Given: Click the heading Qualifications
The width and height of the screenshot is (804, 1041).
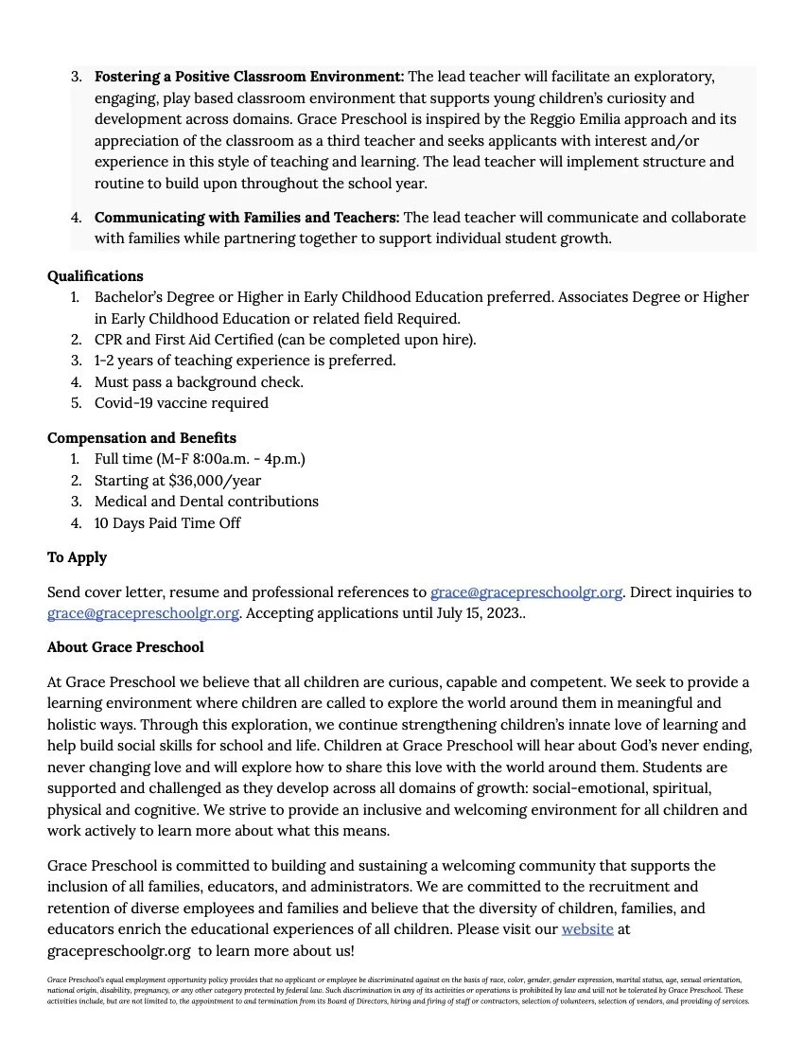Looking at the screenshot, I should pyautogui.click(x=96, y=276).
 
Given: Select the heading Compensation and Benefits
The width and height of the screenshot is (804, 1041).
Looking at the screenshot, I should pyautogui.click(x=142, y=438).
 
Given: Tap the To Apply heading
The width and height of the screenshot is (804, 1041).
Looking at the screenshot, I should pyautogui.click(x=77, y=557).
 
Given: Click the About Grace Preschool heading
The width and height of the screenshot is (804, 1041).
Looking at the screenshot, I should pyautogui.click(x=125, y=647).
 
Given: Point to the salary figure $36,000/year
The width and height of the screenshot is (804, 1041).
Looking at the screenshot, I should pyautogui.click(x=215, y=480).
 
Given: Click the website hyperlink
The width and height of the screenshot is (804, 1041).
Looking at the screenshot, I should pyautogui.click(x=587, y=929).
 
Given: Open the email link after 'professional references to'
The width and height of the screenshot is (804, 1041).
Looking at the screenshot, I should pyautogui.click(x=526, y=592).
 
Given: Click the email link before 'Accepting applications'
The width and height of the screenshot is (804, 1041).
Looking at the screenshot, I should pyautogui.click(x=143, y=613).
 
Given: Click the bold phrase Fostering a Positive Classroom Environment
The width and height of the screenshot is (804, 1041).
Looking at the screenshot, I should pyautogui.click(x=249, y=76).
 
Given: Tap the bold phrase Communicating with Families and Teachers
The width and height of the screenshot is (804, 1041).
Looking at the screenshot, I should pyautogui.click(x=247, y=218).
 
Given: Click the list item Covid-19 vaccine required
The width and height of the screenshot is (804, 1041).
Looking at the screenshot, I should pyautogui.click(x=182, y=403).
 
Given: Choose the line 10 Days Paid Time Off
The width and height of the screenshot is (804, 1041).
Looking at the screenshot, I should pyautogui.click(x=167, y=522).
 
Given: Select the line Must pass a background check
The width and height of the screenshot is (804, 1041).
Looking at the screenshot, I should pyautogui.click(x=199, y=382).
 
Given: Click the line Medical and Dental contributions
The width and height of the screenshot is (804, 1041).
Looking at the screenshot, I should pyautogui.click(x=206, y=502).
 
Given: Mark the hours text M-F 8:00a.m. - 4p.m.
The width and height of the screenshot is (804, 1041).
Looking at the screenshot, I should pyautogui.click(x=231, y=459).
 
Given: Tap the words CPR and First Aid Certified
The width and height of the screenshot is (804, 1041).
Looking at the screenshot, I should pyautogui.click(x=184, y=340).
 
